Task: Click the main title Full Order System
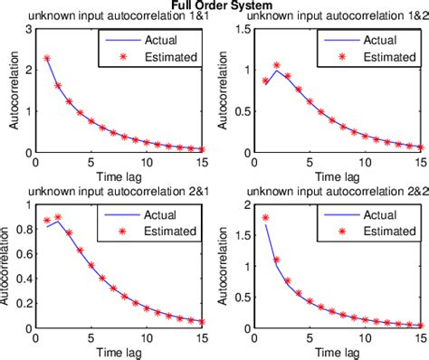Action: click(214, 5)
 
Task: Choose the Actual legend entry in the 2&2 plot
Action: click(370, 216)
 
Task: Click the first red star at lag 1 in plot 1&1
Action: click(46, 58)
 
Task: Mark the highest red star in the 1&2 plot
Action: click(277, 65)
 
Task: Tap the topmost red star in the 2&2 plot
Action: click(265, 217)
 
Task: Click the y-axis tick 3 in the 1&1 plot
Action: click(28, 30)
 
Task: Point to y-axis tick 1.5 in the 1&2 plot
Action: click(237, 30)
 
